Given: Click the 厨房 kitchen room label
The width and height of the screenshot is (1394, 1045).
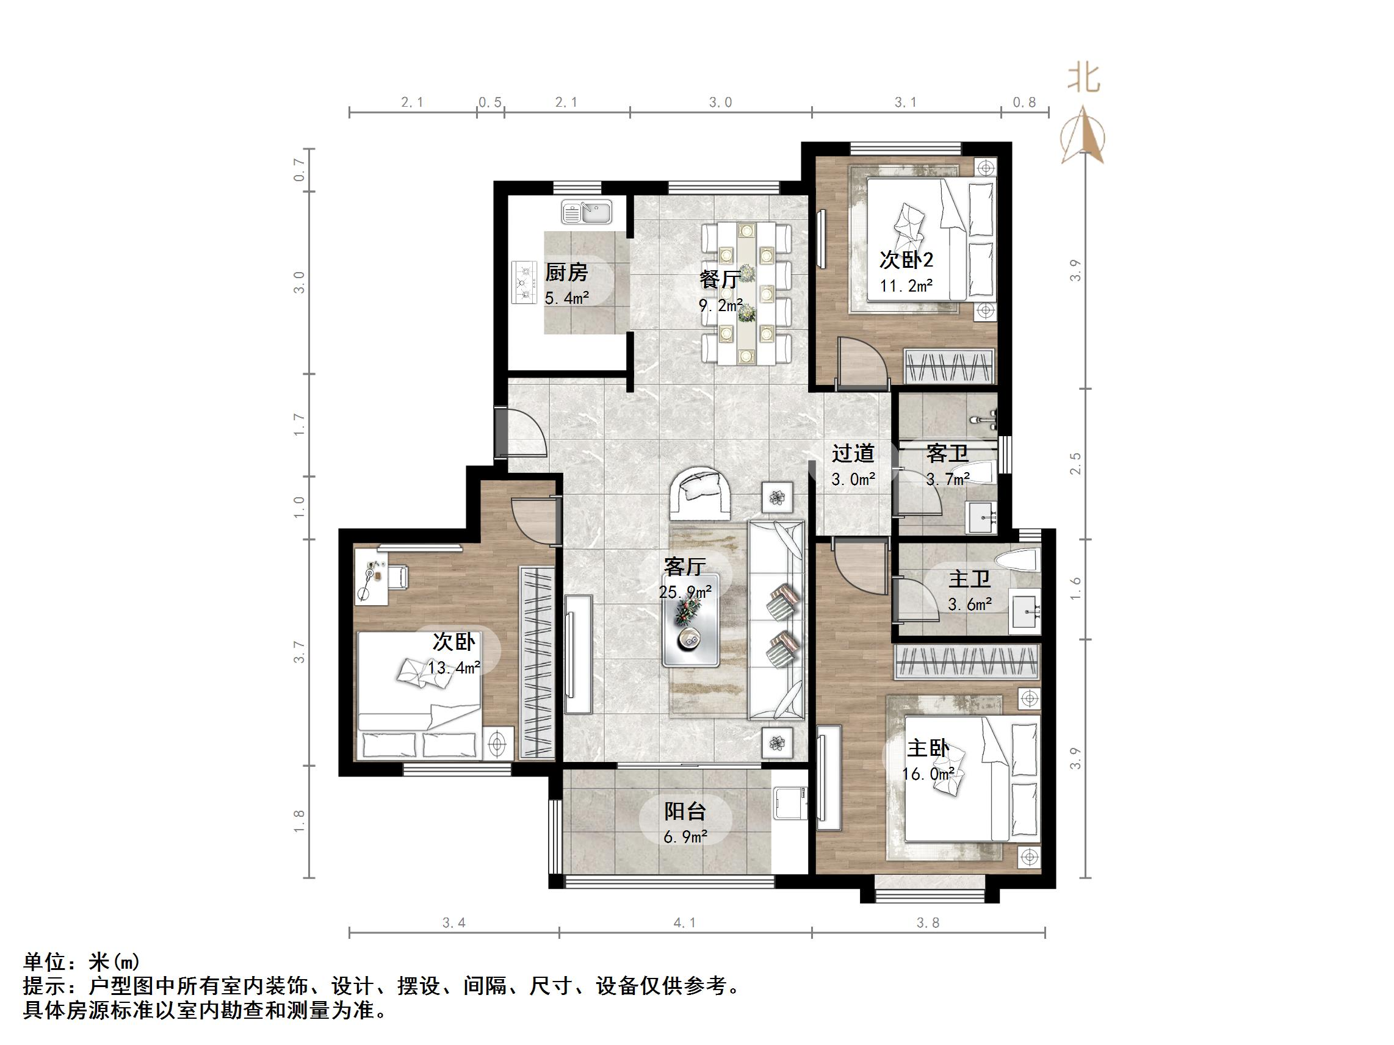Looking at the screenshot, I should click(x=566, y=272).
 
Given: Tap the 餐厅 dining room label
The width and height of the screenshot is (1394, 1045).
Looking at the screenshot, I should click(x=719, y=279).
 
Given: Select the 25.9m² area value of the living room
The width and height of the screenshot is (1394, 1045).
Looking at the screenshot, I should click(x=685, y=592).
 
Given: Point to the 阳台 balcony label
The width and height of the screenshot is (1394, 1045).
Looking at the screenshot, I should click(x=685, y=811).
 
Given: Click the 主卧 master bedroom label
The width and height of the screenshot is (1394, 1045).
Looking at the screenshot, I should click(x=928, y=749).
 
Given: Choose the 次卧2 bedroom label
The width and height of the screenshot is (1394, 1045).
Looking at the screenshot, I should click(x=906, y=259).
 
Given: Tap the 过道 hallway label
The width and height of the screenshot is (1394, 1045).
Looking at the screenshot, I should click(x=853, y=453).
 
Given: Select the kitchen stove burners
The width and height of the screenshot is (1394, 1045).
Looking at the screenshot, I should click(x=524, y=282).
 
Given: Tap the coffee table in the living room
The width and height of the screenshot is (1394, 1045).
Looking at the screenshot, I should click(x=690, y=620).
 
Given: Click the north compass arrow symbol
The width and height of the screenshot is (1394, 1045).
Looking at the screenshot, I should click(x=1083, y=135).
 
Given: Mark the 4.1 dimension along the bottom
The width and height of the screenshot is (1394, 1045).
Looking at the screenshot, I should click(x=685, y=923).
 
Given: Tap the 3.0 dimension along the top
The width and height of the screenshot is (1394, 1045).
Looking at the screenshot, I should click(x=720, y=102).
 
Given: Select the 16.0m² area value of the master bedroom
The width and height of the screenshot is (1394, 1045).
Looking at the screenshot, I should click(x=928, y=774).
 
